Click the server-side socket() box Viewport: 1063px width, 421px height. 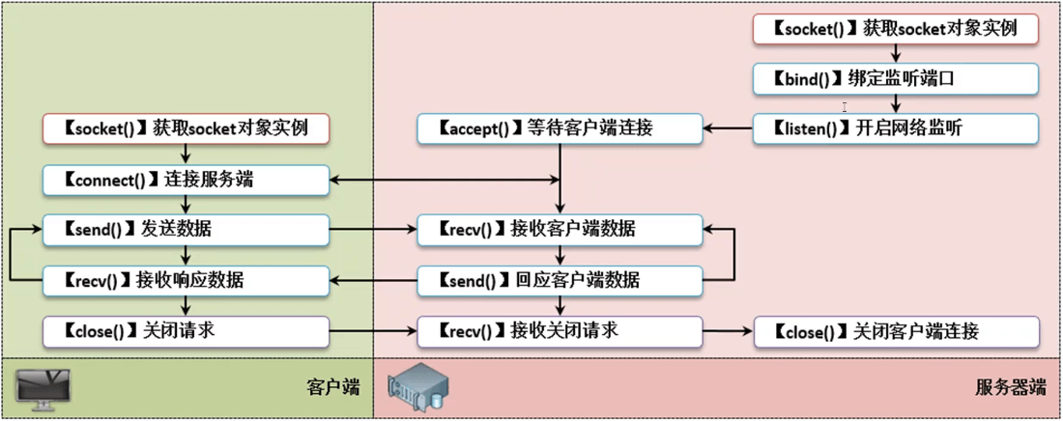coord(896,29)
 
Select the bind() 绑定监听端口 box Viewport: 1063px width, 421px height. coord(896,78)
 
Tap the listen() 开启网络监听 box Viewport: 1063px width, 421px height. coord(896,127)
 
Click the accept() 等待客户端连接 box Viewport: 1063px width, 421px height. coord(560,127)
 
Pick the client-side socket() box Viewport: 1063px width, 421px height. coord(187,127)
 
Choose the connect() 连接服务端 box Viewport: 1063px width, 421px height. coord(187,179)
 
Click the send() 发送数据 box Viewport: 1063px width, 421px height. coord(187,230)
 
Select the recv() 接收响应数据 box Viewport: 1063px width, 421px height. coord(187,281)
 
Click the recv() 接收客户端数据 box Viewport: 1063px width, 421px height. coord(560,230)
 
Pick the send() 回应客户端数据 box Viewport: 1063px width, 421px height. coord(560,281)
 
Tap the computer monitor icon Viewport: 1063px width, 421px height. coord(44,387)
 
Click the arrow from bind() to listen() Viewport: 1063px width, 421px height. coord(896,103)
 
